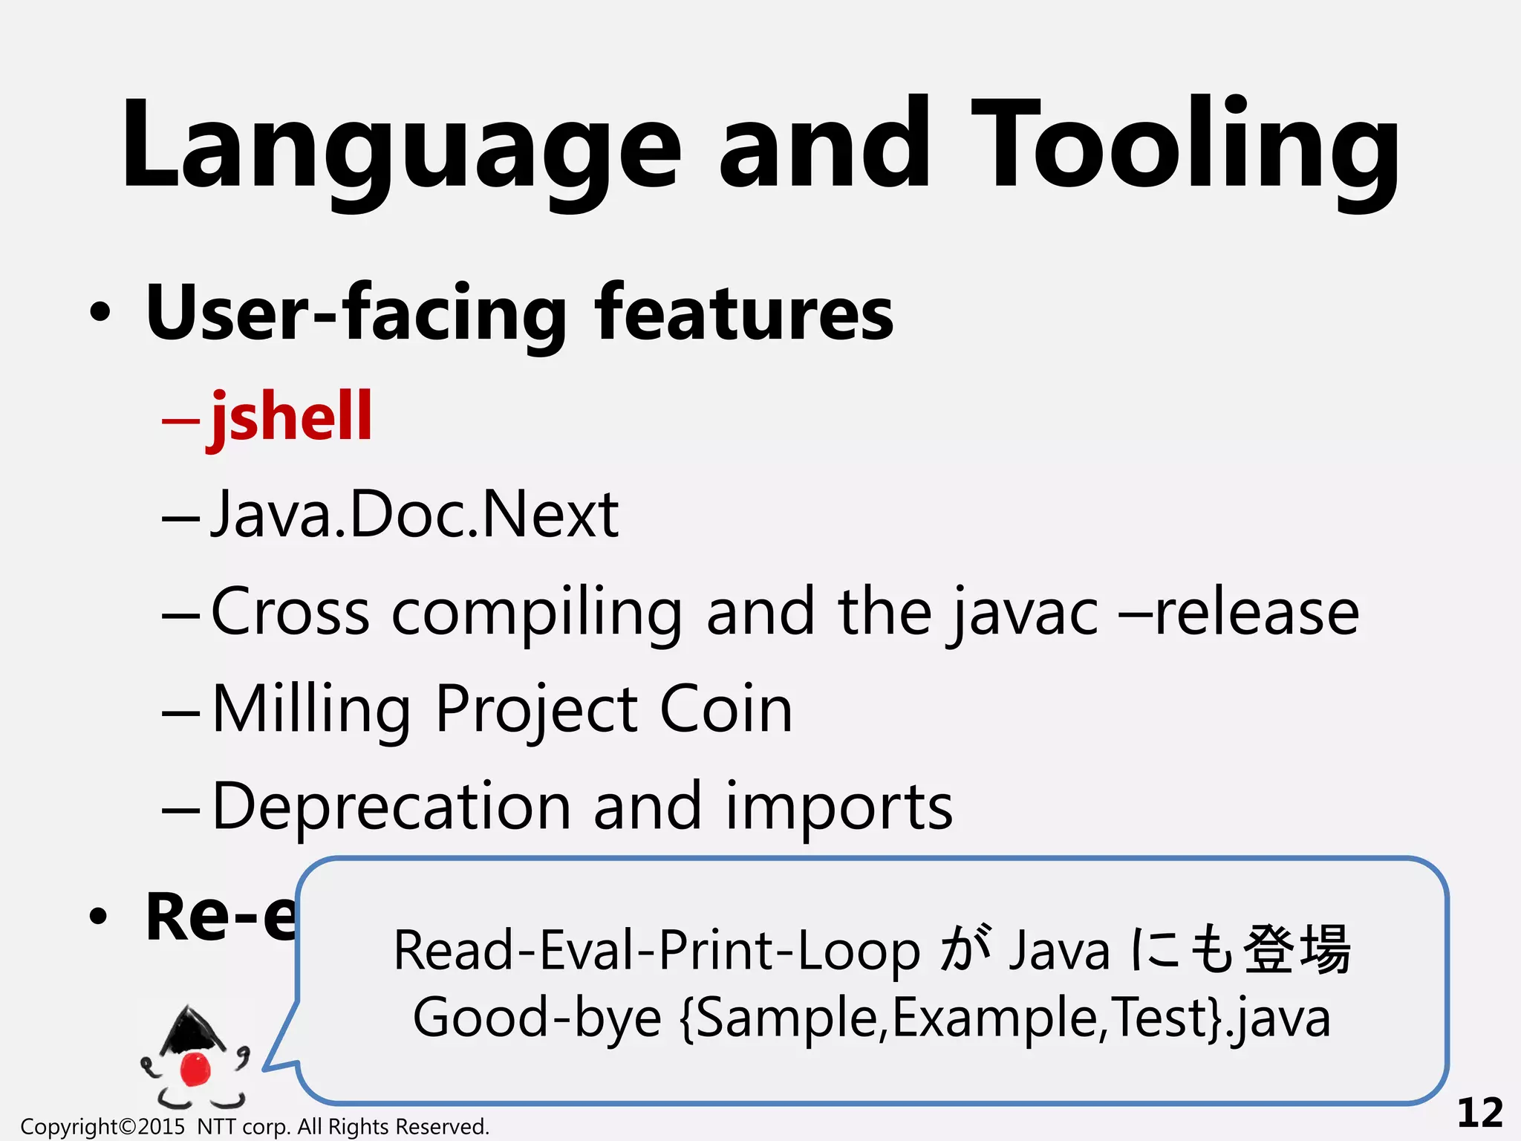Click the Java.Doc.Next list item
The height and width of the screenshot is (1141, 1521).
click(414, 514)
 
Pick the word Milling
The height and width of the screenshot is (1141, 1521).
click(311, 710)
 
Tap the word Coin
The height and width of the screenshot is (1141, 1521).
click(726, 709)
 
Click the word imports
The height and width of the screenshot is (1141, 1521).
click(838, 808)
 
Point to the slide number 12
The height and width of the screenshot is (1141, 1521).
click(1479, 1113)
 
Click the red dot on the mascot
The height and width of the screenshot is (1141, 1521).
click(196, 1068)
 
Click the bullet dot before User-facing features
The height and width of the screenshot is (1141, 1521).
click(100, 313)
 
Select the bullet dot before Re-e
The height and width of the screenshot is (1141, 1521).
click(98, 917)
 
